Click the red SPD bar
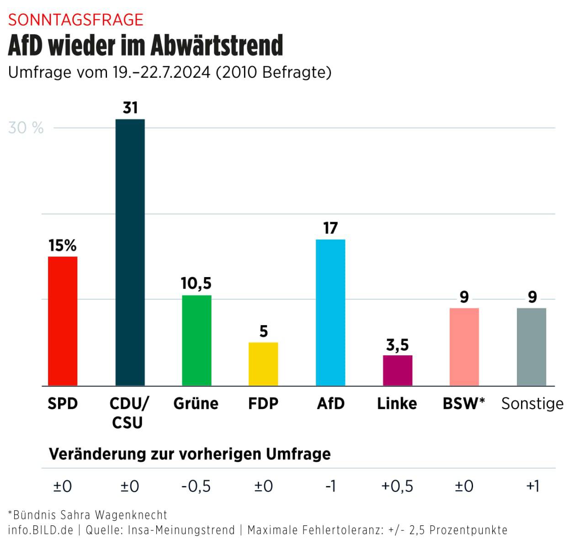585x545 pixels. (63, 321)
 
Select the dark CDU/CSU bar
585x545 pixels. (130, 252)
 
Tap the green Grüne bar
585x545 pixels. (197, 341)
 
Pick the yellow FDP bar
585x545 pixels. (263, 364)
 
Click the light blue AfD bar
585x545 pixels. (330, 312)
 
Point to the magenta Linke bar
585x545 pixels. (397, 370)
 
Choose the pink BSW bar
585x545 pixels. (464, 347)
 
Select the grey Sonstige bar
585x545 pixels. (532, 347)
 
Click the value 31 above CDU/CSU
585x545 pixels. (130, 108)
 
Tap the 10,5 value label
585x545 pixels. (196, 283)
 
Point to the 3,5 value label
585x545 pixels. (397, 345)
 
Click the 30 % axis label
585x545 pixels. (26, 128)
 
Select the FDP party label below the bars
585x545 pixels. (263, 404)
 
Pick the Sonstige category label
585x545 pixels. (532, 404)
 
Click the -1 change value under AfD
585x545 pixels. (330, 486)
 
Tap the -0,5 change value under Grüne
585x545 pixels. (196, 486)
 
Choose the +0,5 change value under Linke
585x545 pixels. (397, 486)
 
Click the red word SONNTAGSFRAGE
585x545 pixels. (76, 20)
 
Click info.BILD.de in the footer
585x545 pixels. (41, 530)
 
